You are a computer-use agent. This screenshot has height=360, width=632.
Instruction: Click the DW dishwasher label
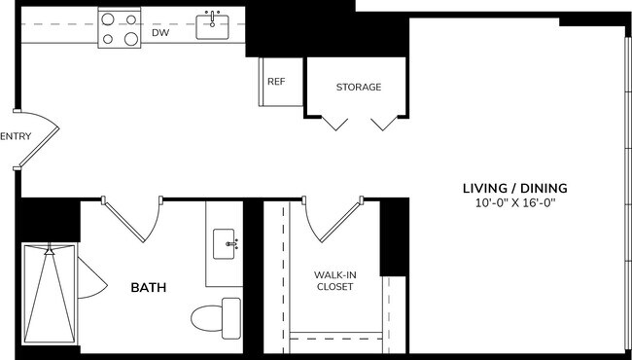(x=160, y=33)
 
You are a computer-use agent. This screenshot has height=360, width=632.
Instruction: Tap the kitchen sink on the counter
(x=212, y=28)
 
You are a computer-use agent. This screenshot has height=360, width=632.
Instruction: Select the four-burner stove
(x=119, y=27)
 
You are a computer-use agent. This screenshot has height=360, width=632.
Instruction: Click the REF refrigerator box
(x=276, y=82)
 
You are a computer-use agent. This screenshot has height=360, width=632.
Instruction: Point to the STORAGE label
(x=358, y=88)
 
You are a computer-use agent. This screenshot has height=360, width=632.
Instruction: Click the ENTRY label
(x=16, y=137)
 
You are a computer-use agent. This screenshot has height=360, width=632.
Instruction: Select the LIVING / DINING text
(x=514, y=188)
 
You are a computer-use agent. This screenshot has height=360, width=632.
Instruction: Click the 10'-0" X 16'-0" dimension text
(x=514, y=204)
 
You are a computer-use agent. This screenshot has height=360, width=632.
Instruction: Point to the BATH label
(x=148, y=288)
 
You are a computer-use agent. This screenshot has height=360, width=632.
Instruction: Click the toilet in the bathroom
(x=217, y=318)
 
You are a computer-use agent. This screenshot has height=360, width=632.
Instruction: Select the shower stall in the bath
(x=49, y=292)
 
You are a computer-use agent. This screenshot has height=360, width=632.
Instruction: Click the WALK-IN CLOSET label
(x=334, y=281)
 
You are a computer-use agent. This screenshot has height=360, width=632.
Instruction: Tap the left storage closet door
(x=335, y=123)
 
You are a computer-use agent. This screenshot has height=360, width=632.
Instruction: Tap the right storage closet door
(x=384, y=123)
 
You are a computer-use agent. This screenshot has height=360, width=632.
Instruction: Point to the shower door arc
(x=89, y=279)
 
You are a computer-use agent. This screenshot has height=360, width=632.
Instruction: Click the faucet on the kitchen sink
(x=211, y=16)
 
